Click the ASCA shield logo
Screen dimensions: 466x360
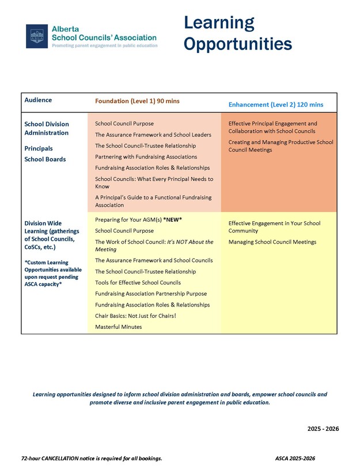coord(37,36)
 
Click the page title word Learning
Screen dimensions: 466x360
coord(219,23)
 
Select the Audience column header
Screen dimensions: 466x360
coord(38,100)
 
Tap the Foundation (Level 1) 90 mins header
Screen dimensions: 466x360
coord(137,101)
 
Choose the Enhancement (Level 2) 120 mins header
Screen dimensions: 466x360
coord(275,105)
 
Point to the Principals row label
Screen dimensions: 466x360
coord(38,148)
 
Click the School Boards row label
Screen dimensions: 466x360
coord(45,159)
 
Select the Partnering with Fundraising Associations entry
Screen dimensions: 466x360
coord(146,157)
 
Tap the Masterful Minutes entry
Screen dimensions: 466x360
coord(118,327)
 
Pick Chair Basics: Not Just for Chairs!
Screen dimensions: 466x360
coord(135,316)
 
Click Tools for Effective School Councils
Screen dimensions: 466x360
coord(138,282)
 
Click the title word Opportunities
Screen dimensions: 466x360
coord(238,44)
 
